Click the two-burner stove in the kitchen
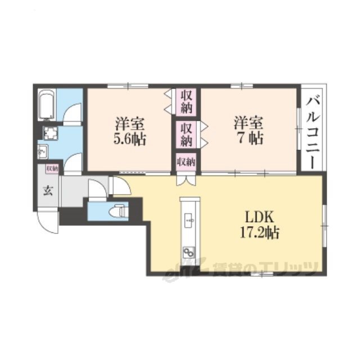[x=189, y=253]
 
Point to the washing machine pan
[x=51, y=133]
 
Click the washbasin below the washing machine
[x=43, y=151]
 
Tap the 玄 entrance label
[x=48, y=191]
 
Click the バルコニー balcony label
[x=313, y=133]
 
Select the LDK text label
[x=259, y=217]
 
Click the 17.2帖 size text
[x=259, y=233]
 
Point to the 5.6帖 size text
[x=130, y=139]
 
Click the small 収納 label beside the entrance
[x=52, y=169]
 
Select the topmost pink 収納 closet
[x=186, y=102]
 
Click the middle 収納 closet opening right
[x=186, y=134]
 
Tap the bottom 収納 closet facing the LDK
[x=186, y=162]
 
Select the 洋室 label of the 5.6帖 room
[x=130, y=123]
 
